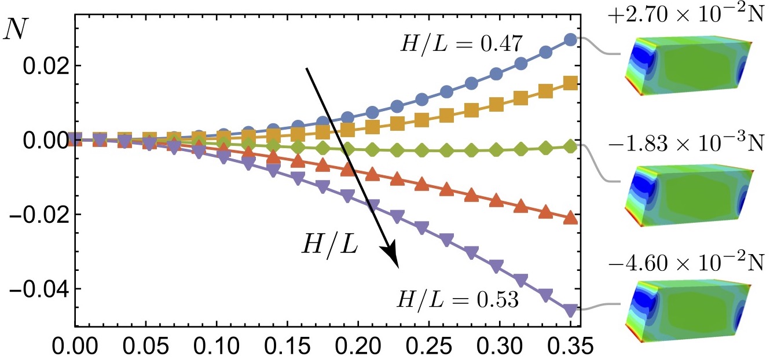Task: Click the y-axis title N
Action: point(14,30)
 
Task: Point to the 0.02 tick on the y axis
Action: point(43,65)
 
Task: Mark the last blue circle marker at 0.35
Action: point(570,39)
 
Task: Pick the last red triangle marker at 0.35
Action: point(570,218)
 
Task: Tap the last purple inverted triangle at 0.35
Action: point(570,310)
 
